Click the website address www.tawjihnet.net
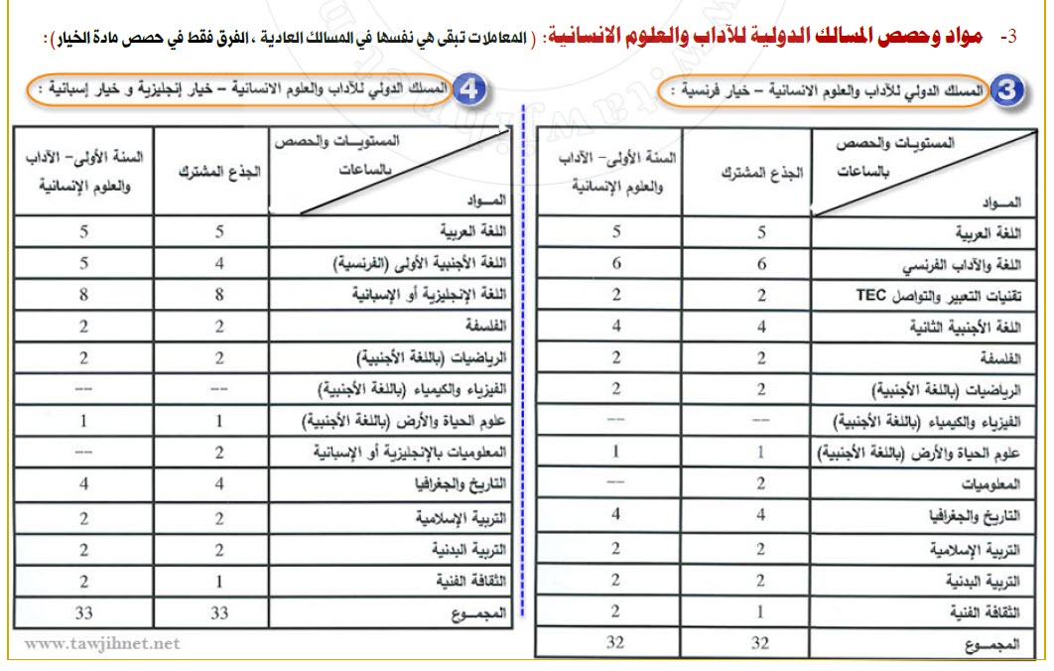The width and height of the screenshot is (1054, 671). pos(103,643)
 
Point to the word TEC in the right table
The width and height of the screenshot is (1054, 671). pos(870,295)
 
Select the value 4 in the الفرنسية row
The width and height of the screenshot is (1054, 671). pos(219,264)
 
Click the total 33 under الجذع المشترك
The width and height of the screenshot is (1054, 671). pos(219,613)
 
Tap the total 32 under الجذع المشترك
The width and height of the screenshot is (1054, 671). pos(760,642)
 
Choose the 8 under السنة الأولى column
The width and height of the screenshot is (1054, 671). pos(84,295)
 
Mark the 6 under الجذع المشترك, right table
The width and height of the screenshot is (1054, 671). pos(761,264)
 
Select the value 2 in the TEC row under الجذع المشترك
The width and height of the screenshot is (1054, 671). pos(761,295)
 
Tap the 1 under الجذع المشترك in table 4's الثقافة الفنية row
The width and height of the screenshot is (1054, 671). pos(219,582)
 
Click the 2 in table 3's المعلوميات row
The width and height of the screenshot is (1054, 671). pos(761,483)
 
